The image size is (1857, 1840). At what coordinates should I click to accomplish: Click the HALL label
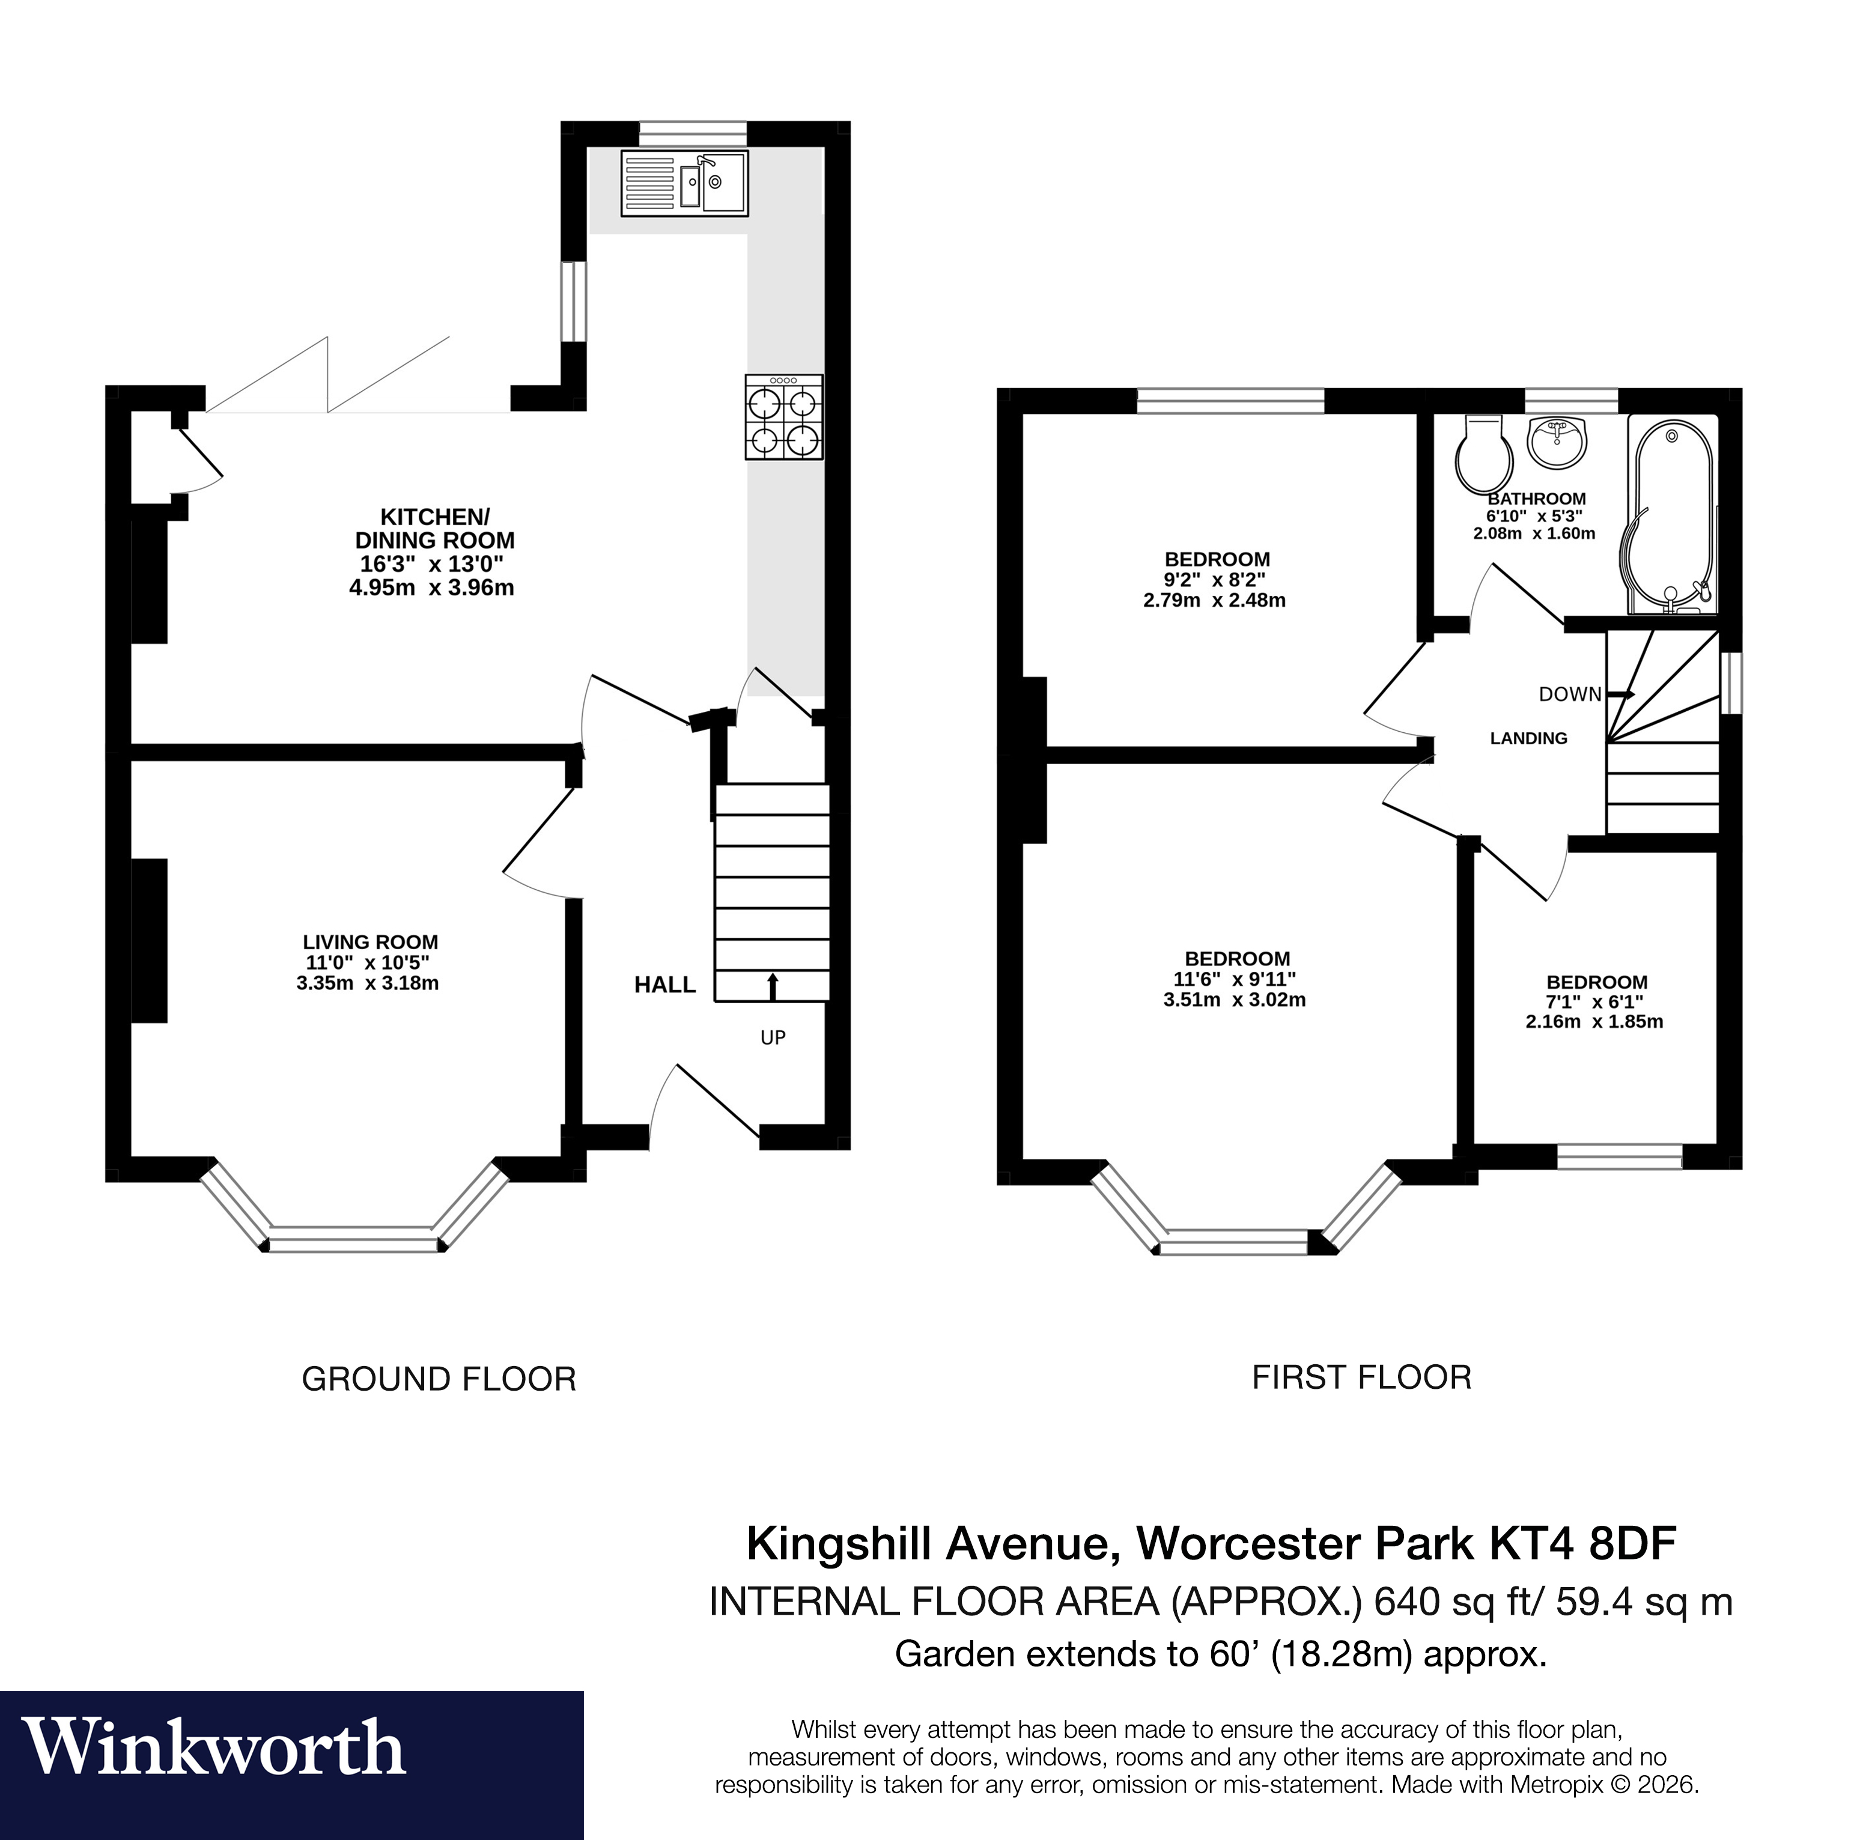pos(664,985)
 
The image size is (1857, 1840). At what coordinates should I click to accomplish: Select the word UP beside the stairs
pos(773,1037)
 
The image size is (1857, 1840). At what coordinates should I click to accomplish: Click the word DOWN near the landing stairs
pos(1570,694)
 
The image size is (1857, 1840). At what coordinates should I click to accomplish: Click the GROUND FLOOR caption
pos(439,1379)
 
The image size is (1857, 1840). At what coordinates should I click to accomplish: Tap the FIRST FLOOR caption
pos(1361,1377)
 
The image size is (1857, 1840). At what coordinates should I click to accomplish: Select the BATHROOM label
pos(1536,499)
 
